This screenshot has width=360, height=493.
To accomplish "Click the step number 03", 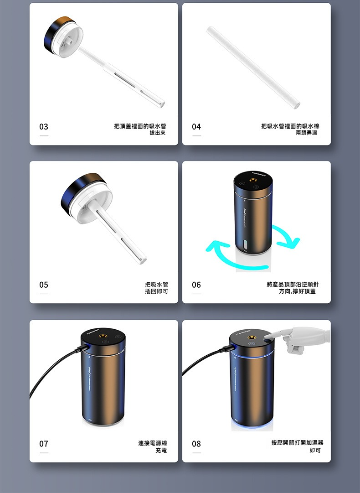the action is (x=44, y=127).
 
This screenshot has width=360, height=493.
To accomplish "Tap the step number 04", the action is (x=196, y=127).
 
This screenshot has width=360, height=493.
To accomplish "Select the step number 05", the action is (x=44, y=285).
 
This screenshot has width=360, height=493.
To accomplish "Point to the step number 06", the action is (x=196, y=285).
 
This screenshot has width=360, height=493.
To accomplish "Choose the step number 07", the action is (x=44, y=444).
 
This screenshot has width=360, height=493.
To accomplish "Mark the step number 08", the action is (x=196, y=444).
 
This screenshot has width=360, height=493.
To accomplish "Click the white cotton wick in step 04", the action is (x=253, y=67).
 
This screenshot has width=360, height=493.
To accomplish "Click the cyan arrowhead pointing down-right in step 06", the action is (x=293, y=243).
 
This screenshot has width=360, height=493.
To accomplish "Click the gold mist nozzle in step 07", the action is (x=103, y=336).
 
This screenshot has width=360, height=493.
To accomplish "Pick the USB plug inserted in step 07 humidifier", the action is (x=82, y=348).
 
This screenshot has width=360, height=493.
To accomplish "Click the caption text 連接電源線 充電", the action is (x=153, y=447).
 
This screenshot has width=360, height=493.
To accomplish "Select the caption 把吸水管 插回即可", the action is (x=156, y=288).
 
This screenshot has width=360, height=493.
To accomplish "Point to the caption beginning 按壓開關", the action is (x=297, y=446).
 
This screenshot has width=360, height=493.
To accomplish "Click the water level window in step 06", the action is (x=245, y=244).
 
